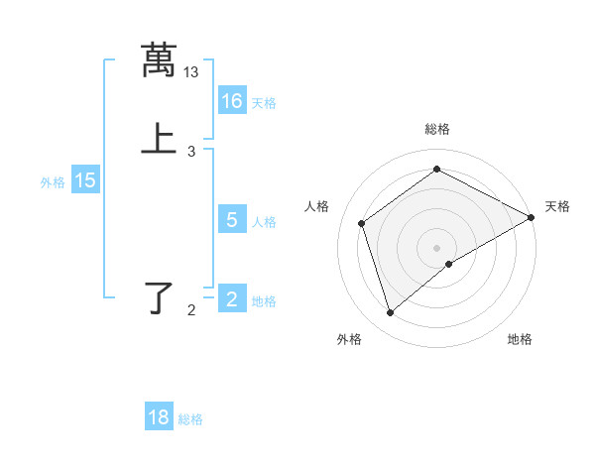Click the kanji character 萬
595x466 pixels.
pyautogui.click(x=159, y=58)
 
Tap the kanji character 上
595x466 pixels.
pyautogui.click(x=159, y=139)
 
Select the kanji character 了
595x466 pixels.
pyautogui.click(x=159, y=297)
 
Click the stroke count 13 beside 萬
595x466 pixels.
pyautogui.click(x=191, y=71)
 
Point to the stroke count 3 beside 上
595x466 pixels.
pyautogui.click(x=191, y=152)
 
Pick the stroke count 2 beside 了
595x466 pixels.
pyautogui.click(x=191, y=310)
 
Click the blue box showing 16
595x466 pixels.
pyautogui.click(x=232, y=101)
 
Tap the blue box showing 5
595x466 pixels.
pyautogui.click(x=232, y=220)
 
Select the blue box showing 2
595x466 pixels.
pyautogui.click(x=232, y=299)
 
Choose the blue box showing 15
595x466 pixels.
pyautogui.click(x=85, y=180)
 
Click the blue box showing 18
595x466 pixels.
pyautogui.click(x=159, y=417)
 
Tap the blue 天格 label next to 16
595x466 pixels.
pyautogui.click(x=264, y=103)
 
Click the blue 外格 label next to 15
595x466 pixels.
pyautogui.click(x=53, y=182)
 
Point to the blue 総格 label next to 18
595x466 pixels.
pyautogui.click(x=190, y=419)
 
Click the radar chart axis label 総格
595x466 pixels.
pyautogui.click(x=437, y=129)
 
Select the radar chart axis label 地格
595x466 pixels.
pyautogui.click(x=520, y=340)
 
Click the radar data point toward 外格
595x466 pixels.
pyautogui.click(x=390, y=313)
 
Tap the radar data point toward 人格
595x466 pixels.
pyautogui.click(x=362, y=223)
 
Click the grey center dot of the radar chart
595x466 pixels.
pyautogui.click(x=437, y=247)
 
